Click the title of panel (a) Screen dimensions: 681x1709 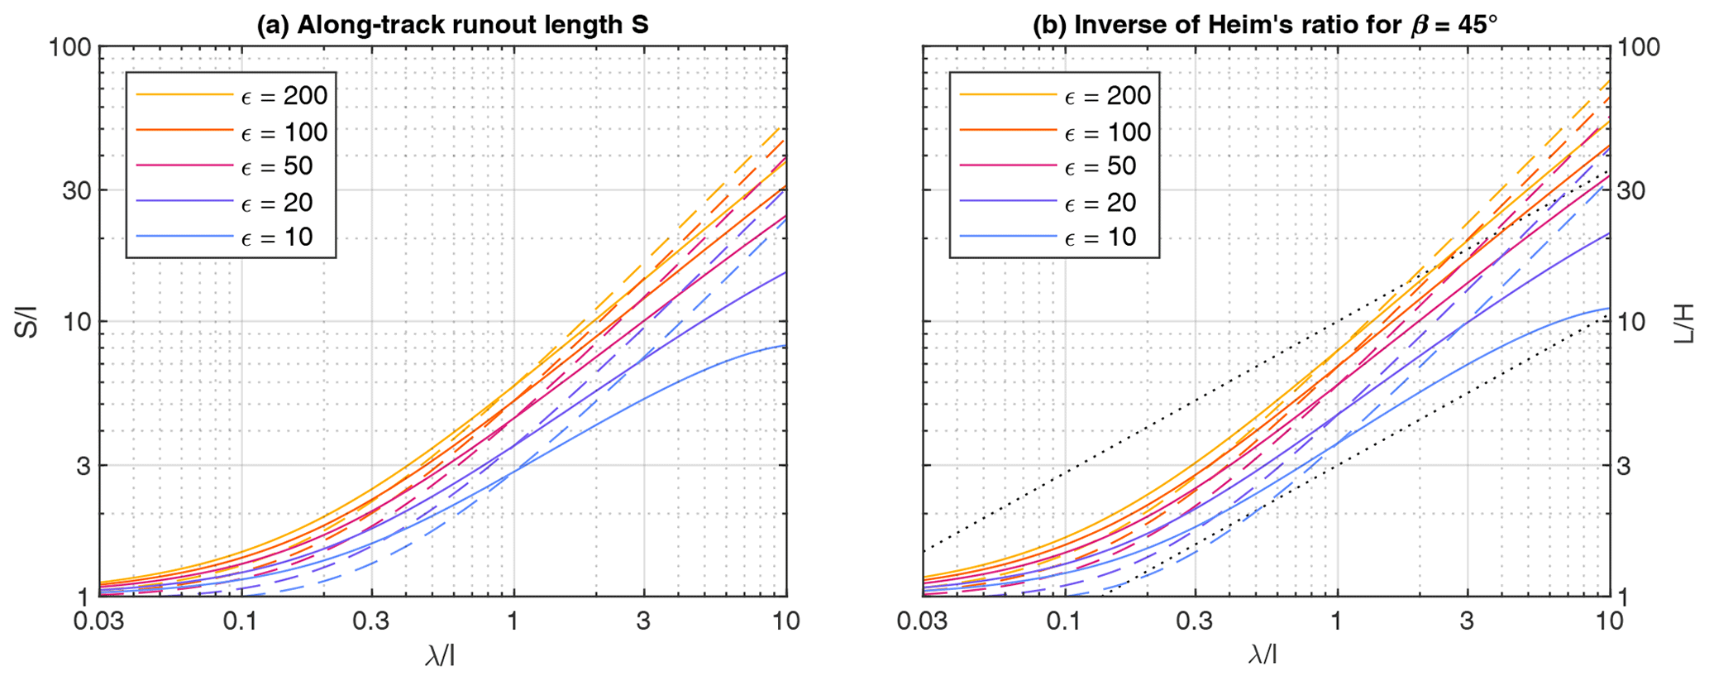pyautogui.click(x=452, y=25)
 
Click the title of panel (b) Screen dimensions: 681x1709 pyautogui.click(x=1265, y=25)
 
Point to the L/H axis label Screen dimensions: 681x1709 pyautogui.click(x=1686, y=323)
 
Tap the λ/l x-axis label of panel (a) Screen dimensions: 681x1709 pyautogui.click(x=440, y=656)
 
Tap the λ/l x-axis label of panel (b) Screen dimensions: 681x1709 pyautogui.click(x=1263, y=656)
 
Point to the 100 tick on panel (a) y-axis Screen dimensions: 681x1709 pyautogui.click(x=69, y=47)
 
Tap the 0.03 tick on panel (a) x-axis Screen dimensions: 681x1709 pyautogui.click(x=100, y=621)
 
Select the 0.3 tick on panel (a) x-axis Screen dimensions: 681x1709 pyautogui.click(x=371, y=621)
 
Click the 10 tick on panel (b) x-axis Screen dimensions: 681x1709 pyautogui.click(x=1609, y=621)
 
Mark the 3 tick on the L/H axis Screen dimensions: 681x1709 pyautogui.click(x=1625, y=466)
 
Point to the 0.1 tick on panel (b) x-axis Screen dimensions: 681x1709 pyautogui.click(x=1063, y=621)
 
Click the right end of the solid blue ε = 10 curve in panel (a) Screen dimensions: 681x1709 pyautogui.click(x=785, y=346)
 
